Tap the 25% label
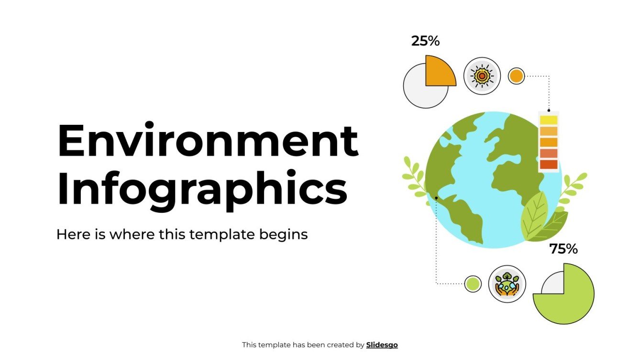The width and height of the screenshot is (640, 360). [425, 41]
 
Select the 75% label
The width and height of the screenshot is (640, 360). [563, 249]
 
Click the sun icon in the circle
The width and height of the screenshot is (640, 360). [482, 76]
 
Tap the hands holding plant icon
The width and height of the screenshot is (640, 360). [507, 284]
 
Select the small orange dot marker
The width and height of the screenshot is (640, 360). [516, 76]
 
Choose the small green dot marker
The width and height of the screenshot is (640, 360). [473, 284]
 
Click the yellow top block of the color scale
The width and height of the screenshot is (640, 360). [548, 120]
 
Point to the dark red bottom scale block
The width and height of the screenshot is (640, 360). [548, 164]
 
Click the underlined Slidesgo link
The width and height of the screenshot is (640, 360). [382, 345]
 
